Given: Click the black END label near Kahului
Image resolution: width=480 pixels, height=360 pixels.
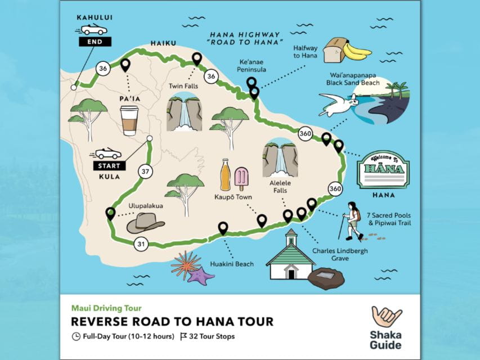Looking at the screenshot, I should (95, 41).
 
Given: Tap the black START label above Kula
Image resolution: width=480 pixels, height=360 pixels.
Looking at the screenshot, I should (109, 166).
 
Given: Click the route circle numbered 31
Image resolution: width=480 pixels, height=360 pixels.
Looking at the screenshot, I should (141, 244).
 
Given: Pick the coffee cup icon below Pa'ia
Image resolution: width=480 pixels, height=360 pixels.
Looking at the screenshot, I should (129, 120).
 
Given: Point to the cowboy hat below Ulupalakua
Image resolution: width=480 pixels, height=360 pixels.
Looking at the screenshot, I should (145, 224).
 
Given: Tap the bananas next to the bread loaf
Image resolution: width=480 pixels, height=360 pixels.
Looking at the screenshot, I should (356, 52).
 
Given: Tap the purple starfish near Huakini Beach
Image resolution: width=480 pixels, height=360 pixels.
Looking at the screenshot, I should (201, 275).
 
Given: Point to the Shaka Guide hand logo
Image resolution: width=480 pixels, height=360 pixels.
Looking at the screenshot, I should (387, 316).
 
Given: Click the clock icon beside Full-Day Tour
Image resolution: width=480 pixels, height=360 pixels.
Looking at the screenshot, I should (76, 336).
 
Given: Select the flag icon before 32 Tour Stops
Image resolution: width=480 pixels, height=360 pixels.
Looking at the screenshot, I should (183, 336).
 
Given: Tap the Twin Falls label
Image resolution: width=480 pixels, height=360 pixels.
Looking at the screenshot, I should (184, 86).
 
